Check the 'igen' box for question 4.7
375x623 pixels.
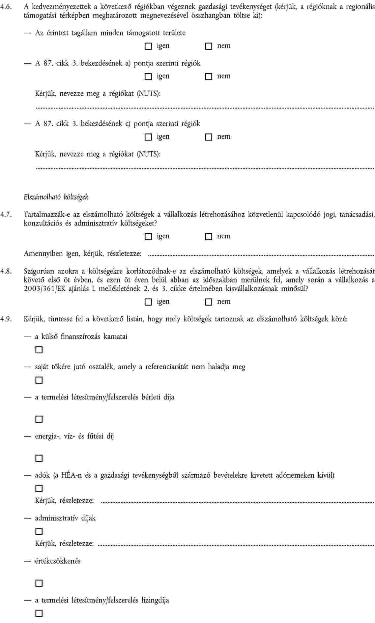point(148,236)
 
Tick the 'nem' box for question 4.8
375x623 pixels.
point(209,302)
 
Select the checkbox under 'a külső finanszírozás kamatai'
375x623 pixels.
point(39,350)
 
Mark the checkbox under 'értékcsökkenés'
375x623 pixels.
point(39,583)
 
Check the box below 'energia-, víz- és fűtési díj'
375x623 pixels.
point(39,458)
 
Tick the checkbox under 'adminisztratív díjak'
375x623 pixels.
point(39,531)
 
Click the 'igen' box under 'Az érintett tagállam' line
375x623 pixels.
point(148,46)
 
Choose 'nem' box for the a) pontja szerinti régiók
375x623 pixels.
point(209,76)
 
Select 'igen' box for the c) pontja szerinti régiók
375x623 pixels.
point(148,137)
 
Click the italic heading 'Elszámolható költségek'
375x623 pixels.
point(56,197)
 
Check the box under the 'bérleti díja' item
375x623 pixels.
point(39,419)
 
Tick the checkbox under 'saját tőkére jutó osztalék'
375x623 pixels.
point(39,380)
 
